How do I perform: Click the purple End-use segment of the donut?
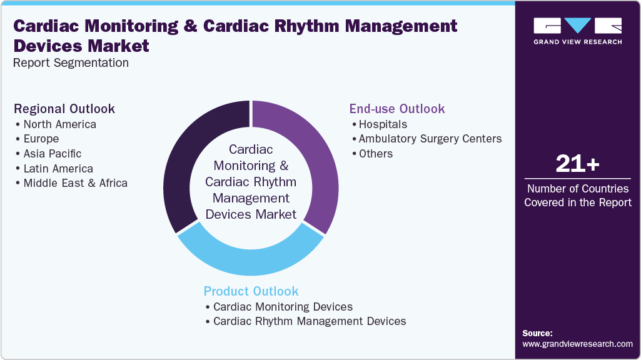(316, 162)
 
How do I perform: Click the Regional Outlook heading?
(64, 109)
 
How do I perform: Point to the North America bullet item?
(59, 124)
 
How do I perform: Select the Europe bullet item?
(41, 139)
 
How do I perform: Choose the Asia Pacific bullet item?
(52, 154)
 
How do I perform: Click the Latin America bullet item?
(58, 169)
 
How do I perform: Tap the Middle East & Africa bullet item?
(75, 184)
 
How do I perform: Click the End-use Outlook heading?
(397, 109)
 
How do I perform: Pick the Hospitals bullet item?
(383, 124)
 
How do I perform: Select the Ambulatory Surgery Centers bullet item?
(430, 139)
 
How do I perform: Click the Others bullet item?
(376, 154)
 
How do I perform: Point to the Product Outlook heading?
(251, 291)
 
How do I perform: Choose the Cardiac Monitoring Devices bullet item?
(283, 307)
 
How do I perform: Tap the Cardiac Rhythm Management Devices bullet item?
(310, 321)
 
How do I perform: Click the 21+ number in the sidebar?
(578, 164)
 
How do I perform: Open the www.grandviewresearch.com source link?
(577, 344)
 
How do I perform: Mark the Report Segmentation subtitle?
(71, 62)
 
